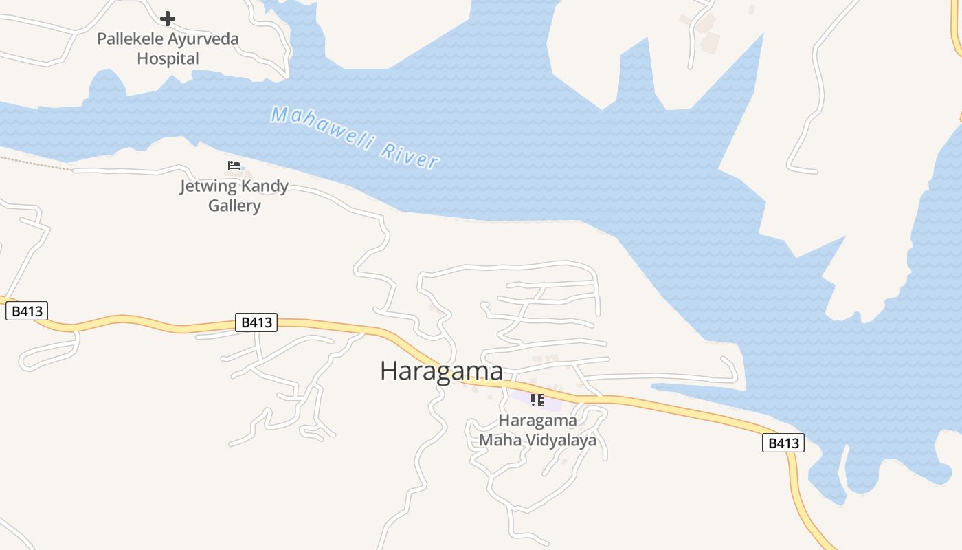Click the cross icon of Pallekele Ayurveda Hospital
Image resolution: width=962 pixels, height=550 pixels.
coord(167,19)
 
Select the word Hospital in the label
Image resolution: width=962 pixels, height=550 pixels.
coord(168,58)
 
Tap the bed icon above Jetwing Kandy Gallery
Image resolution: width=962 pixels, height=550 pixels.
coord(234,166)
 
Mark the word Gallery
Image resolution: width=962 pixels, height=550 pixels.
coord(234,206)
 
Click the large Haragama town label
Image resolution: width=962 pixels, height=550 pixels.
coord(441,371)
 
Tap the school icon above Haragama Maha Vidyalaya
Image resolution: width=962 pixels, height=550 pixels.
coord(537,399)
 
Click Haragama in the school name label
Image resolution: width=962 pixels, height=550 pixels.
coord(537,420)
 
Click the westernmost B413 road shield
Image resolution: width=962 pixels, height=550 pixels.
coord(27,311)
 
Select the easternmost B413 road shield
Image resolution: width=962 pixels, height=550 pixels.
coord(783,443)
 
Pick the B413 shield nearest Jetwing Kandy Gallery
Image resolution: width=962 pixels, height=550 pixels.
coord(256,322)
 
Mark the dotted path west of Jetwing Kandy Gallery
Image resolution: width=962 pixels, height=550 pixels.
coord(34,162)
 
